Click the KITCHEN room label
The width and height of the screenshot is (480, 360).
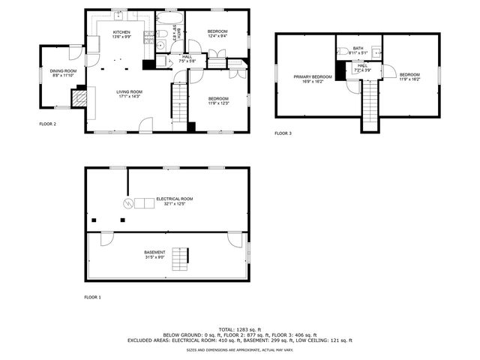point(121,32)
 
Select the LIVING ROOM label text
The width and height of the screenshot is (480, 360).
point(129,91)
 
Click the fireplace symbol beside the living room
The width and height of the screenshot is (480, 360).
point(79,97)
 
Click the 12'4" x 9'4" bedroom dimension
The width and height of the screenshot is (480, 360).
point(217,35)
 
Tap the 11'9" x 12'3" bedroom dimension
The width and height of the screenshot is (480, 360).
point(218,103)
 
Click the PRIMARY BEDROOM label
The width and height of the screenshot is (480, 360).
point(313,76)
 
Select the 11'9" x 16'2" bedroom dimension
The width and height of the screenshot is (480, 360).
point(409,79)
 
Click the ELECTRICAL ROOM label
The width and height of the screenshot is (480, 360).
point(175,199)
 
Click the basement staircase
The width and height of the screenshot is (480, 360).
point(180,259)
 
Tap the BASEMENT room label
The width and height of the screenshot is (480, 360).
point(154,252)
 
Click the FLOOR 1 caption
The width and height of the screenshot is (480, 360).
point(92,298)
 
